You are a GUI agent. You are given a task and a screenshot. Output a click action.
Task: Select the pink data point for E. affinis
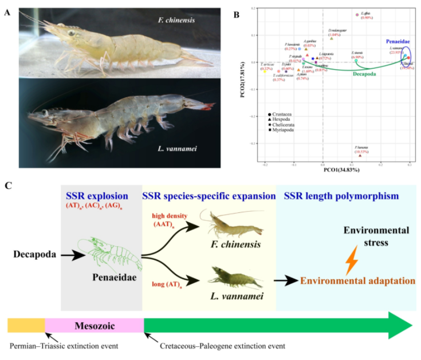357,15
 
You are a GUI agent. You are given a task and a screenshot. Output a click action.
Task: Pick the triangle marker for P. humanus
360,155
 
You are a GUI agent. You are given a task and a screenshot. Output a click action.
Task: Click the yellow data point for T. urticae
264,72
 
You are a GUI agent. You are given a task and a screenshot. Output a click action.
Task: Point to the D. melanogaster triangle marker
332,38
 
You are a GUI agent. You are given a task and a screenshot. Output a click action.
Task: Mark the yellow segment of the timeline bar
26,326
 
